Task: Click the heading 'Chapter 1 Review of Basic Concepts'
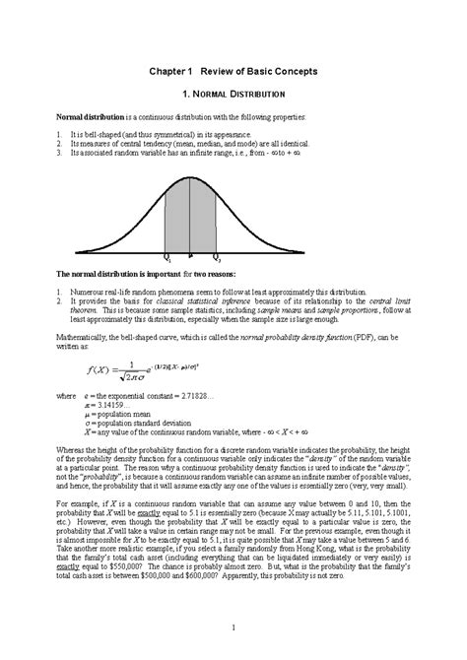pyautogui.click(x=233, y=72)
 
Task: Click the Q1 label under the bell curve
pyautogui.click(x=167, y=257)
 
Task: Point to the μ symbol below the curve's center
pyautogui.click(x=190, y=255)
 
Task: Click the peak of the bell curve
pyautogui.click(x=190, y=176)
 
